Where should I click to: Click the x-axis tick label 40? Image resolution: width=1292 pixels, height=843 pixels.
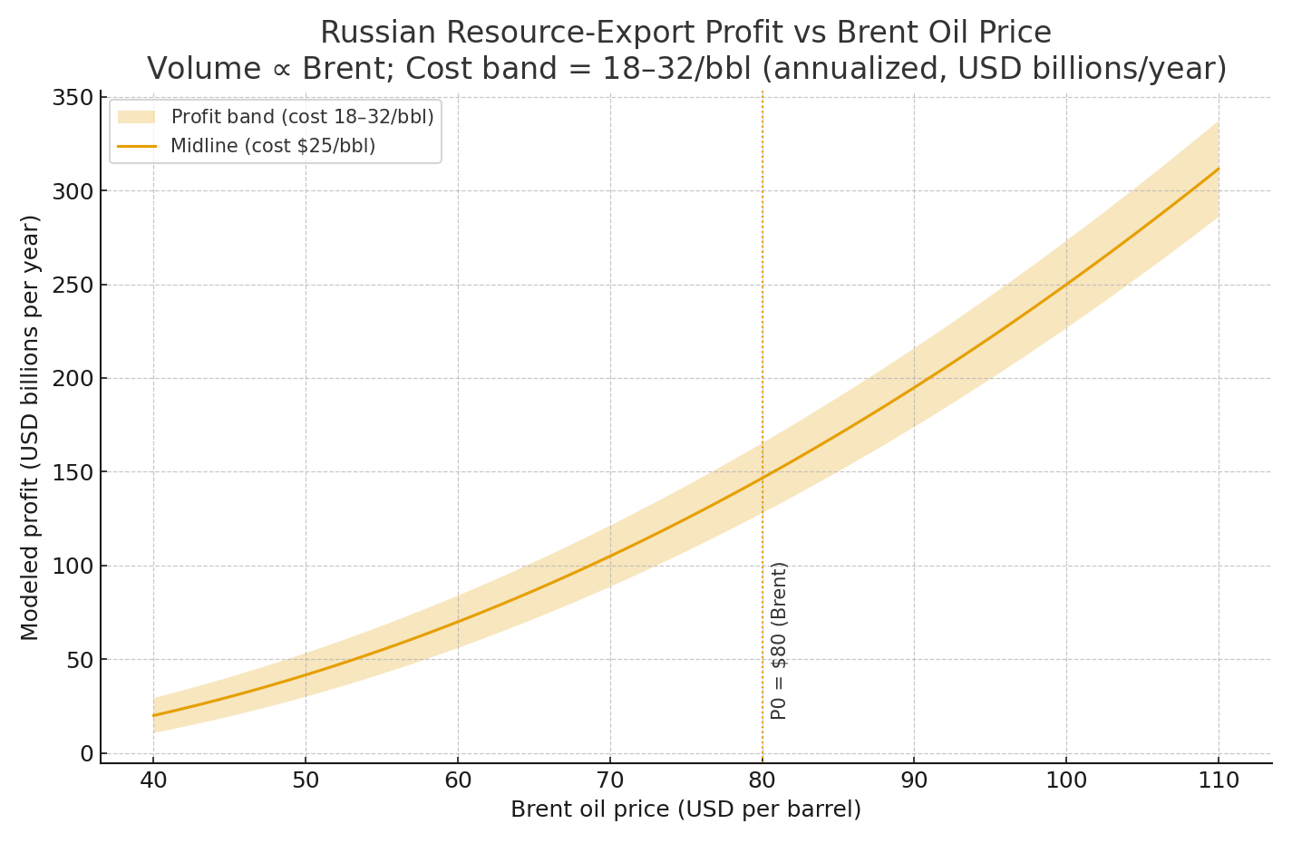point(153,780)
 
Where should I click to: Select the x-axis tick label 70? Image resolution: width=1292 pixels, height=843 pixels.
point(609,780)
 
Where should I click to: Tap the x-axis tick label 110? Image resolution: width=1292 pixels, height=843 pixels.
point(1218,780)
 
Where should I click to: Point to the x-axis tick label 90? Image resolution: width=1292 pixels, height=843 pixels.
point(914,780)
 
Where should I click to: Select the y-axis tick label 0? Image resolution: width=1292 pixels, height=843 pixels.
point(86,754)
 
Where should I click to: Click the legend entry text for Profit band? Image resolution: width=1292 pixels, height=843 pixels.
point(302,117)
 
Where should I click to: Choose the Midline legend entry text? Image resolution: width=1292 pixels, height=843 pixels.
point(273,146)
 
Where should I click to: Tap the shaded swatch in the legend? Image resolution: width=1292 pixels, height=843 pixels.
point(137,117)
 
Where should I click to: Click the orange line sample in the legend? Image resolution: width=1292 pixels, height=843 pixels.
point(137,146)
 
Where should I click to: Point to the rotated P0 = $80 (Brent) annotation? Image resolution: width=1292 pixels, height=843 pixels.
point(779,640)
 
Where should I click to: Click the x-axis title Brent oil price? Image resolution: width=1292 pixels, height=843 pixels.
point(685,809)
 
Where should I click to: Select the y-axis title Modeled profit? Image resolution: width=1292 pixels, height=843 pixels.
point(30,427)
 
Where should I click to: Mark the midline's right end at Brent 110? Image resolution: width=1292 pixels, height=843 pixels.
point(1218,169)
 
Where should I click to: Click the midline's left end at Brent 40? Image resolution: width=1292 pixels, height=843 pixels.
point(153,715)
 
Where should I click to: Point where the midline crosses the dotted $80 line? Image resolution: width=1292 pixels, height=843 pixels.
point(762,477)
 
